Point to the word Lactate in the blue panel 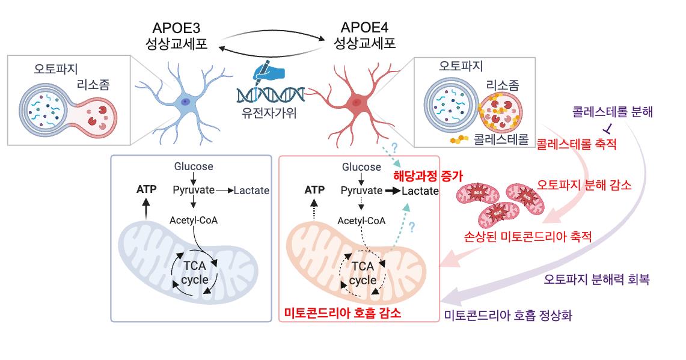[251, 191]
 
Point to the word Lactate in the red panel [420, 191]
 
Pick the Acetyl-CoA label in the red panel [361, 221]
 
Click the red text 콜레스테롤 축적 [577, 144]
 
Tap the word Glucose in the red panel [361, 167]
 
